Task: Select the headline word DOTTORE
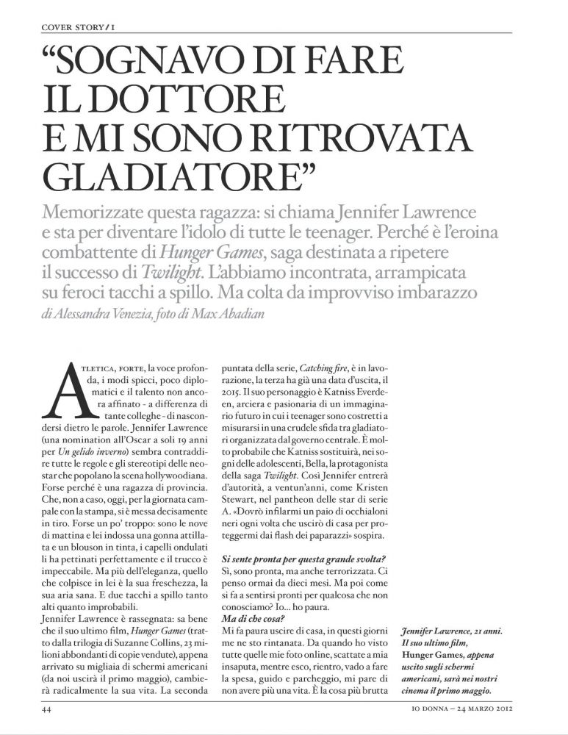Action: pyautogui.click(x=179, y=100)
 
